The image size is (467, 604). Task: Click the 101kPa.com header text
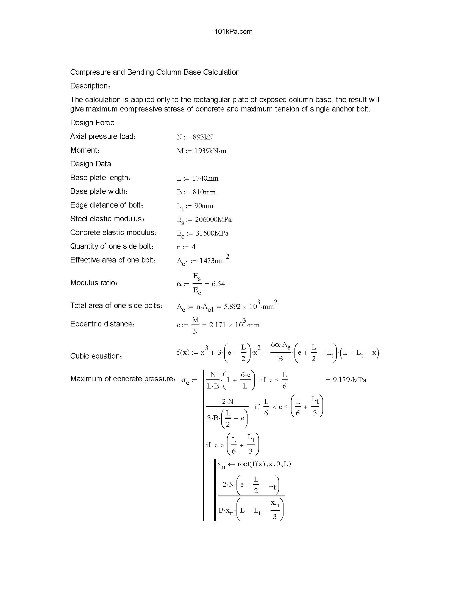[233, 32]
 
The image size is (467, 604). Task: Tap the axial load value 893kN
[203, 137]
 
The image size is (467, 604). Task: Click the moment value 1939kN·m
[210, 151]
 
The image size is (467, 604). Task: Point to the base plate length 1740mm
[205, 178]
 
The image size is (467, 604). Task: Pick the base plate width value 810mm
[204, 192]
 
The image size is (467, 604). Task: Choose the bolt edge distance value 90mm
[204, 206]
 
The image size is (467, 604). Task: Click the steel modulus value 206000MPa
[213, 220]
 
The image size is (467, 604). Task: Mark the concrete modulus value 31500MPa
[212, 233]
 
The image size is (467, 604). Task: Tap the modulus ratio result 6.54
[218, 284]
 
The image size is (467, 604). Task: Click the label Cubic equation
[96, 356]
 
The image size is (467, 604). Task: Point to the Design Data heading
[90, 164]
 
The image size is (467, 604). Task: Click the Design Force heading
[92, 123]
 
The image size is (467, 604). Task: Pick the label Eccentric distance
[102, 324]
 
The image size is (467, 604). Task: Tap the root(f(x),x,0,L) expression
[264, 464]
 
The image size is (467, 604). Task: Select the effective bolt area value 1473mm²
[214, 261]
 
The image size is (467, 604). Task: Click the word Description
[90, 86]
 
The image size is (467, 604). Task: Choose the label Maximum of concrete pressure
[123, 379]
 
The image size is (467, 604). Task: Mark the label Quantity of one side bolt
[112, 246]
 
